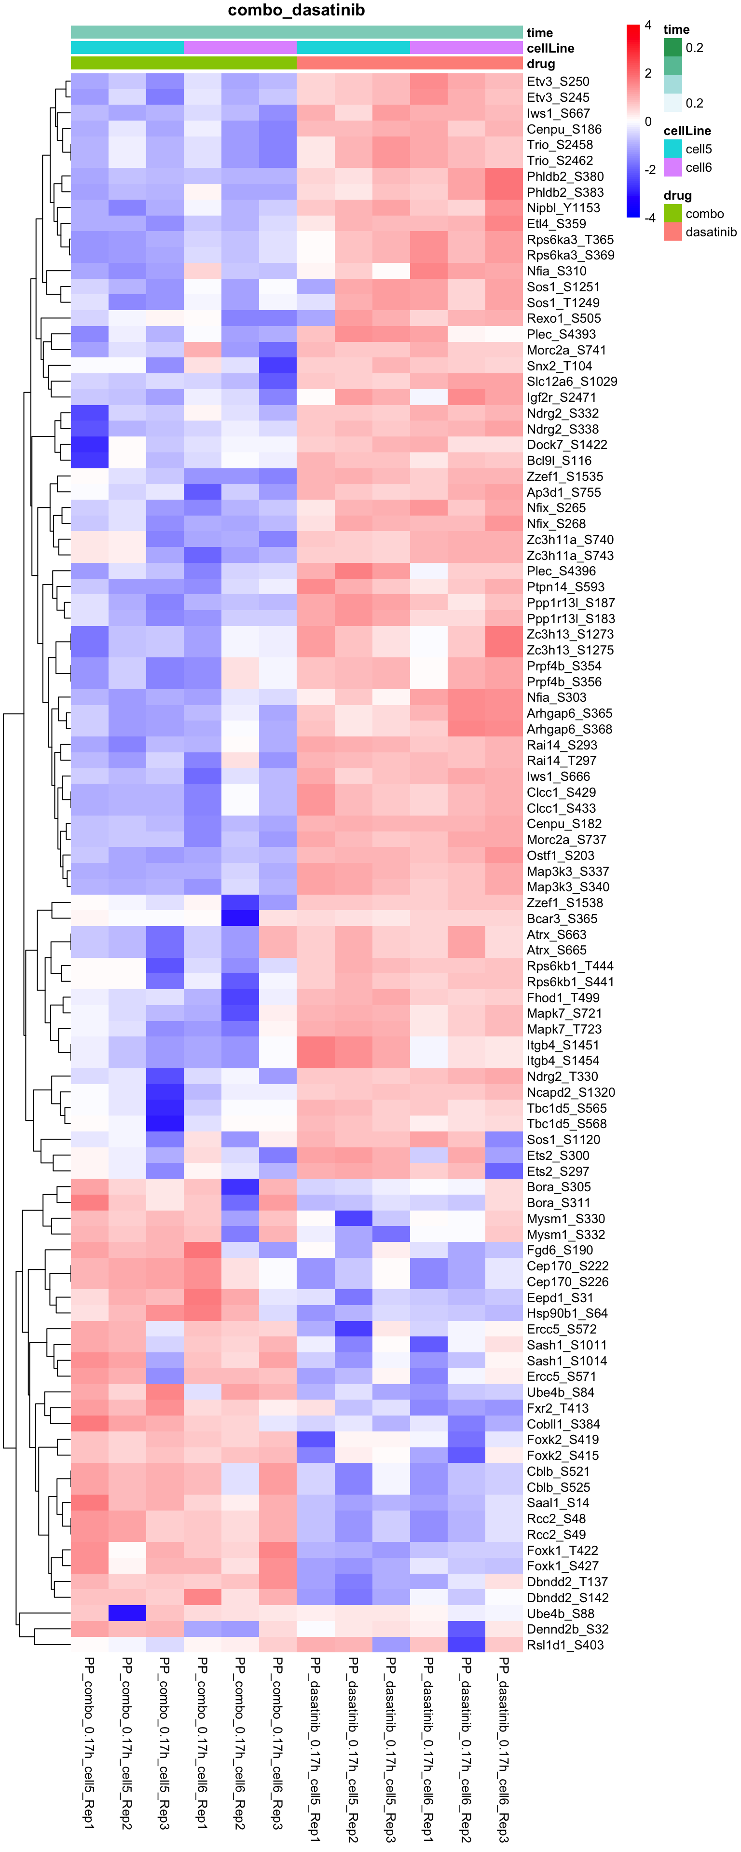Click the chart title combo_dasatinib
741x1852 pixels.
tap(296, 10)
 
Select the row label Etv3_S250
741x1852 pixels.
tap(558, 81)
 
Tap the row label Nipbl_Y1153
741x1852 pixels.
tap(563, 208)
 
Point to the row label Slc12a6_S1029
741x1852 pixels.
tap(572, 382)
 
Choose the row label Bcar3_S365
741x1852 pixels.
tap(562, 919)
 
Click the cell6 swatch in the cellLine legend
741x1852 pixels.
tap(672, 167)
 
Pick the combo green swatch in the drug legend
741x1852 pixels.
tap(672, 214)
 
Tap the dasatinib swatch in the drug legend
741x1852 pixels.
tap(672, 231)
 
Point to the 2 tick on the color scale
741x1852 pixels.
tap(648, 73)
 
